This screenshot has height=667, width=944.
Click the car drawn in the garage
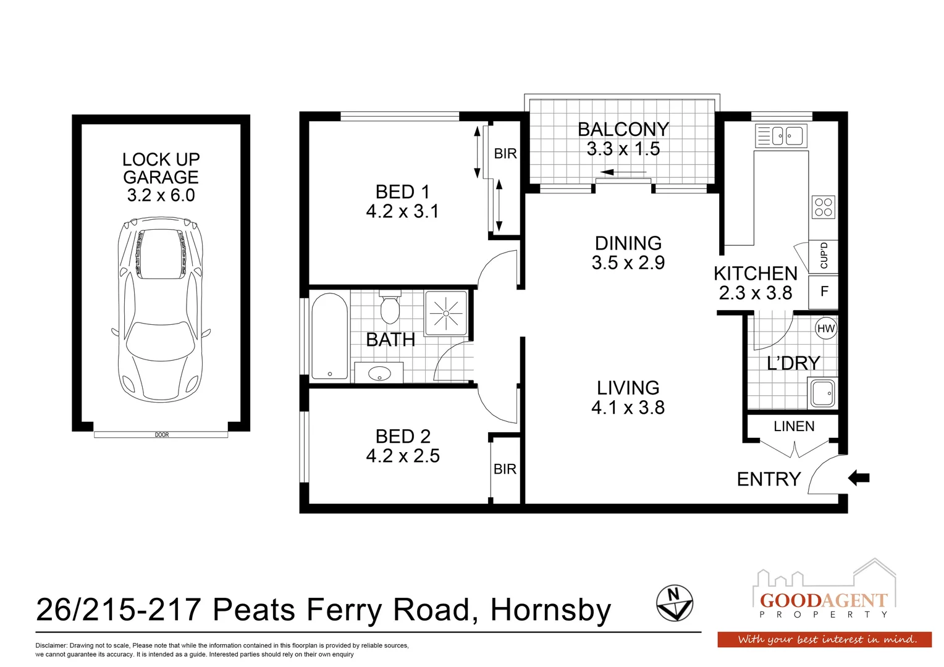[x=161, y=309]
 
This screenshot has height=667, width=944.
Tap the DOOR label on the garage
[x=161, y=435]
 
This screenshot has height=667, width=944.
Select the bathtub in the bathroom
[x=329, y=336]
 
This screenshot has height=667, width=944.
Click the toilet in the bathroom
[x=390, y=308]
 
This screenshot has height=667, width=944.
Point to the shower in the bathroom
[x=445, y=313]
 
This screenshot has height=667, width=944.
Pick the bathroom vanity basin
[x=379, y=373]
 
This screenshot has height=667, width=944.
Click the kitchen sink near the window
[x=781, y=135]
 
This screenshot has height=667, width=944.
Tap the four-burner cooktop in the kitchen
[x=824, y=207]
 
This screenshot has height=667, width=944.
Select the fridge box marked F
[x=824, y=292]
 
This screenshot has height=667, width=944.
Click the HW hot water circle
[x=825, y=329]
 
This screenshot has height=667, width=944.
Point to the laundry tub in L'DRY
[x=823, y=393]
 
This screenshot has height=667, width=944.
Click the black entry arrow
[x=859, y=477]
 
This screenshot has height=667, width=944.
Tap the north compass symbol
[x=674, y=603]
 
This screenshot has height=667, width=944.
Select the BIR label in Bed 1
[x=505, y=154]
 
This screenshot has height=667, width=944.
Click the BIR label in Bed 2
[x=505, y=469]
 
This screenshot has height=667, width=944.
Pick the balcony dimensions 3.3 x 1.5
[x=623, y=149]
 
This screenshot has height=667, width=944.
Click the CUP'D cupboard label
[x=824, y=256]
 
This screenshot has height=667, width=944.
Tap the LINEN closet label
[x=794, y=426]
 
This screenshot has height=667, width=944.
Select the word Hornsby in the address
[x=550, y=610]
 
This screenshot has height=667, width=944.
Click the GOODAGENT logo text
[x=824, y=600]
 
